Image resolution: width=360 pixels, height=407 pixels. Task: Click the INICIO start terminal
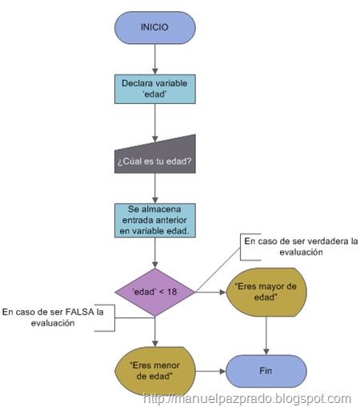tap(155, 28)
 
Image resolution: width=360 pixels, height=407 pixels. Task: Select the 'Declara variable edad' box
tap(155, 89)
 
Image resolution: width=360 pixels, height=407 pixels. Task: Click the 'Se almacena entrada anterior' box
tap(155, 221)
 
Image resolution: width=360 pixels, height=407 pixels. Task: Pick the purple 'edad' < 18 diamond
tap(155, 292)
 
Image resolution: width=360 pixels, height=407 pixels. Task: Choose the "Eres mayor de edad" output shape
tap(266, 292)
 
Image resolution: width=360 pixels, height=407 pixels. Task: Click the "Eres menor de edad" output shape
tap(155, 371)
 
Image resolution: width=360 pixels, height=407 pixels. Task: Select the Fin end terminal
tap(266, 371)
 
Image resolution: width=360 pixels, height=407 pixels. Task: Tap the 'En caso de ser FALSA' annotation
tap(53, 317)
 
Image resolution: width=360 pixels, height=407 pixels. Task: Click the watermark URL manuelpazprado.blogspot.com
tap(247, 399)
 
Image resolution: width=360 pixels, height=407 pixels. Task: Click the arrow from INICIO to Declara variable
tap(155, 59)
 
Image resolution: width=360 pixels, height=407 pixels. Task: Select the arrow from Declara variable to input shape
tap(155, 123)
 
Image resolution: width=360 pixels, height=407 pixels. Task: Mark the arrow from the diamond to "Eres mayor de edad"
tap(210, 292)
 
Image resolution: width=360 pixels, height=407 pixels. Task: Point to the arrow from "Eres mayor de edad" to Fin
tap(266, 336)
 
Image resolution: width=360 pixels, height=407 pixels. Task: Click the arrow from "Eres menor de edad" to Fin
tap(210, 371)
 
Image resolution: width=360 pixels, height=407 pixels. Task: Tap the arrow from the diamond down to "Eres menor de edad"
tap(155, 332)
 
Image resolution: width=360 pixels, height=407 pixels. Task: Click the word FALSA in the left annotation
tap(80, 312)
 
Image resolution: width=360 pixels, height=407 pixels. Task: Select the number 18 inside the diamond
tap(172, 292)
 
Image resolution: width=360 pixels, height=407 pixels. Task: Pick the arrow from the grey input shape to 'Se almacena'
tap(155, 189)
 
